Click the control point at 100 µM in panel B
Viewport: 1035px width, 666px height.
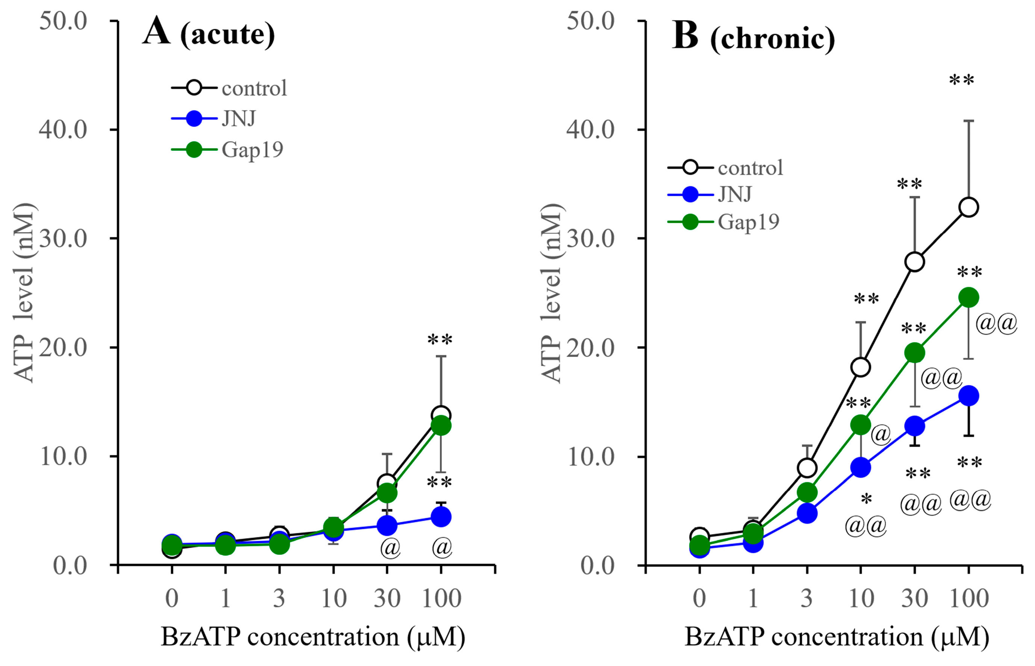click(x=968, y=207)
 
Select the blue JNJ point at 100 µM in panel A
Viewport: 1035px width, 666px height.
click(x=441, y=516)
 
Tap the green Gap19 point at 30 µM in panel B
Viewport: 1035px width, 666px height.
click(x=914, y=353)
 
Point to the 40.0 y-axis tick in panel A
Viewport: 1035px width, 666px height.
click(x=63, y=129)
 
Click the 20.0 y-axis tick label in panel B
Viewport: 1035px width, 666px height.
click(x=590, y=347)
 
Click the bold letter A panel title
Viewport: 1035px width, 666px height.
click(x=156, y=32)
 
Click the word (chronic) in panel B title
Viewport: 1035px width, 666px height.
click(x=772, y=39)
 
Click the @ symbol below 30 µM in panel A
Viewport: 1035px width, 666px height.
click(x=390, y=548)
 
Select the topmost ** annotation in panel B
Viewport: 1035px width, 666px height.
click(x=961, y=81)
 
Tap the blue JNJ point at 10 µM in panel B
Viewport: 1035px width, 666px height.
click(x=860, y=468)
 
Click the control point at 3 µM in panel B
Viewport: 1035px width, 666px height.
click(x=807, y=468)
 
